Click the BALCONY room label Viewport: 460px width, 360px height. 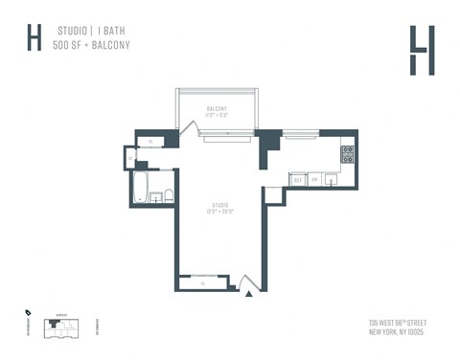217,109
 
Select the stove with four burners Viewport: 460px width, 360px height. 348,151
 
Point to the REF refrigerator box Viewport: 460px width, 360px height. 298,179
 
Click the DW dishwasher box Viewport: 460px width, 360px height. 313,179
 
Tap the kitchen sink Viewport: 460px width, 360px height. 331,178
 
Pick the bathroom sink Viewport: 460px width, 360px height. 154,198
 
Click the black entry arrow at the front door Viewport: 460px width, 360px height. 249,294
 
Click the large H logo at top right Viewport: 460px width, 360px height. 421,49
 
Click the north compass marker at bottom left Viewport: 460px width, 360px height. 28,312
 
